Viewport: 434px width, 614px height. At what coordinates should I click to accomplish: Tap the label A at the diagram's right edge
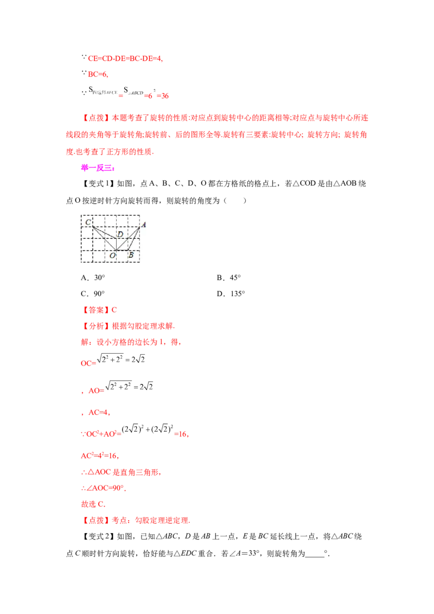click(144, 224)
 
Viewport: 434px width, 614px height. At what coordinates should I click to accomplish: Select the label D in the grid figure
click(120, 234)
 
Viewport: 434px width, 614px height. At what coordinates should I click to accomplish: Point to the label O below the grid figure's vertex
click(112, 255)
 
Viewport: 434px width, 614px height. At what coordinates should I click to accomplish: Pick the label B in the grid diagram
click(131, 255)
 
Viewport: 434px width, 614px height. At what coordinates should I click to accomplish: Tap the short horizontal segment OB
click(122, 250)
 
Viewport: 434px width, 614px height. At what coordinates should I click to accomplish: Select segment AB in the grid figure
click(135, 238)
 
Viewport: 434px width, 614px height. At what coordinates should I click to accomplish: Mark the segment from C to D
click(104, 232)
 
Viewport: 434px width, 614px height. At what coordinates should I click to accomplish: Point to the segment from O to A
click(128, 238)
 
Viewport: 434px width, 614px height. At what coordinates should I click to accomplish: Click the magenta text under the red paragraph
click(98, 169)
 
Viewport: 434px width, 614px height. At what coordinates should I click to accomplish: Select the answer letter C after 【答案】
click(114, 310)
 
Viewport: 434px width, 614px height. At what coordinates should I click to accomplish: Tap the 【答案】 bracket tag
click(95, 310)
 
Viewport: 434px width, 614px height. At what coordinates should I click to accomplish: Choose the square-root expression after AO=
click(131, 386)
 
